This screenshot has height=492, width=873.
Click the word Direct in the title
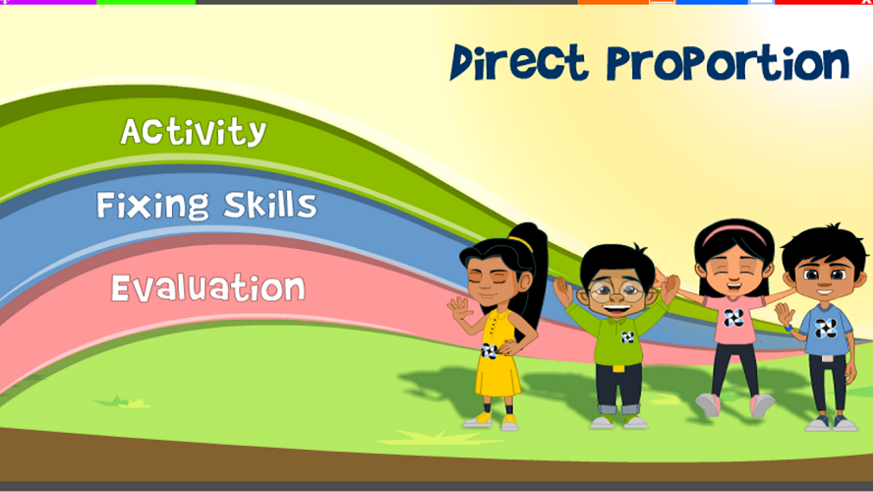coord(519,62)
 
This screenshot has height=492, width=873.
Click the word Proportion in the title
coord(727,63)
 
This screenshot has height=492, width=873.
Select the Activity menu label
coord(194,132)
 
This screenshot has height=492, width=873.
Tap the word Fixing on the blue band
coord(152,205)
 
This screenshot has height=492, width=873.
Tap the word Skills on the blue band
coord(270,204)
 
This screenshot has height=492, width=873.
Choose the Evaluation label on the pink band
coord(208,287)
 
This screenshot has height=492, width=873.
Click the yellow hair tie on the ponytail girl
coord(521,242)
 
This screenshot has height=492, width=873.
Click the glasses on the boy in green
coord(615,292)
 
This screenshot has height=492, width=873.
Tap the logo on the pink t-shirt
coord(733,318)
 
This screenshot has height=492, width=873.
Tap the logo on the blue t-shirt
coord(826,329)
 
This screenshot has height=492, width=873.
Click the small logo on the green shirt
coord(627,338)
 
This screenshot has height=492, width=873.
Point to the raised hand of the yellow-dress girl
coord(459,308)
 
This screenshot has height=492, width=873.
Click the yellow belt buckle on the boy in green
coord(618,368)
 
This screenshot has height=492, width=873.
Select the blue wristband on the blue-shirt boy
coord(788,329)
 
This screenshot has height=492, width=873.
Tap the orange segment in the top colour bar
coord(613,2)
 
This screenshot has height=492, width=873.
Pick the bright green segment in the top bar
coord(145,2)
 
